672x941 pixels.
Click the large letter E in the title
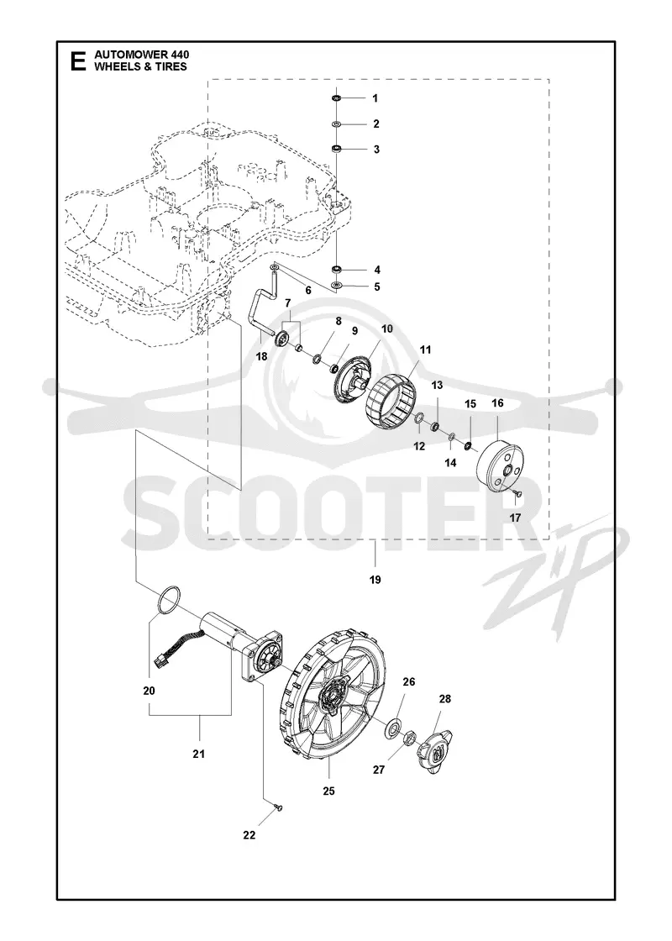[78, 61]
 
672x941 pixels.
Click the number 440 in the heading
[177, 55]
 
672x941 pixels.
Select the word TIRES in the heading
[171, 66]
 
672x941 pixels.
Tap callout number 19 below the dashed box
[375, 580]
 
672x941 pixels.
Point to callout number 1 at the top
[375, 98]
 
